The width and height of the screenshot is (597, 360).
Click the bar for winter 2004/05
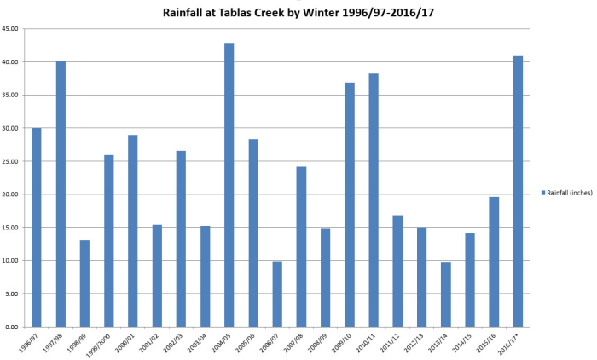229,184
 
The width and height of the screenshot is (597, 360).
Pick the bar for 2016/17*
518,191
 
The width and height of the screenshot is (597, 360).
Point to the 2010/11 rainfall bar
374,200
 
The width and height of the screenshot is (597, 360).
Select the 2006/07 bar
277,293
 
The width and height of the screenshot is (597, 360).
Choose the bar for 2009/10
350,205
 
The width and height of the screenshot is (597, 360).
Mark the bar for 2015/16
494,261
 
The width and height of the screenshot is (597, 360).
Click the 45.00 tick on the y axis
12,29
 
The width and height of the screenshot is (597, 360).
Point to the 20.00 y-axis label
12,195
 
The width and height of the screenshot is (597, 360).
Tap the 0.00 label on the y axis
14,327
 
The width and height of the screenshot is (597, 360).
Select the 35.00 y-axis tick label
12,96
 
